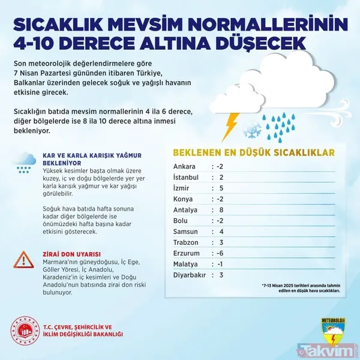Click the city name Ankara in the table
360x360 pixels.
(x=184, y=166)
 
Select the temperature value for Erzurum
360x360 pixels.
(x=221, y=253)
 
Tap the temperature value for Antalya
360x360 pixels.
(x=221, y=209)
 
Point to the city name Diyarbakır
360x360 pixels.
(x=190, y=275)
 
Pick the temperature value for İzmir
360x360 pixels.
(x=221, y=188)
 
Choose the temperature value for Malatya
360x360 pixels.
(x=221, y=264)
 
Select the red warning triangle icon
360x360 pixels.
(x=23, y=259)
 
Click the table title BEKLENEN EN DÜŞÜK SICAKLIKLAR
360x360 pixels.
(x=254, y=152)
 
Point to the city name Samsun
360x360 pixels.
(x=187, y=231)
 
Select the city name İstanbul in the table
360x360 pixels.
(x=187, y=177)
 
